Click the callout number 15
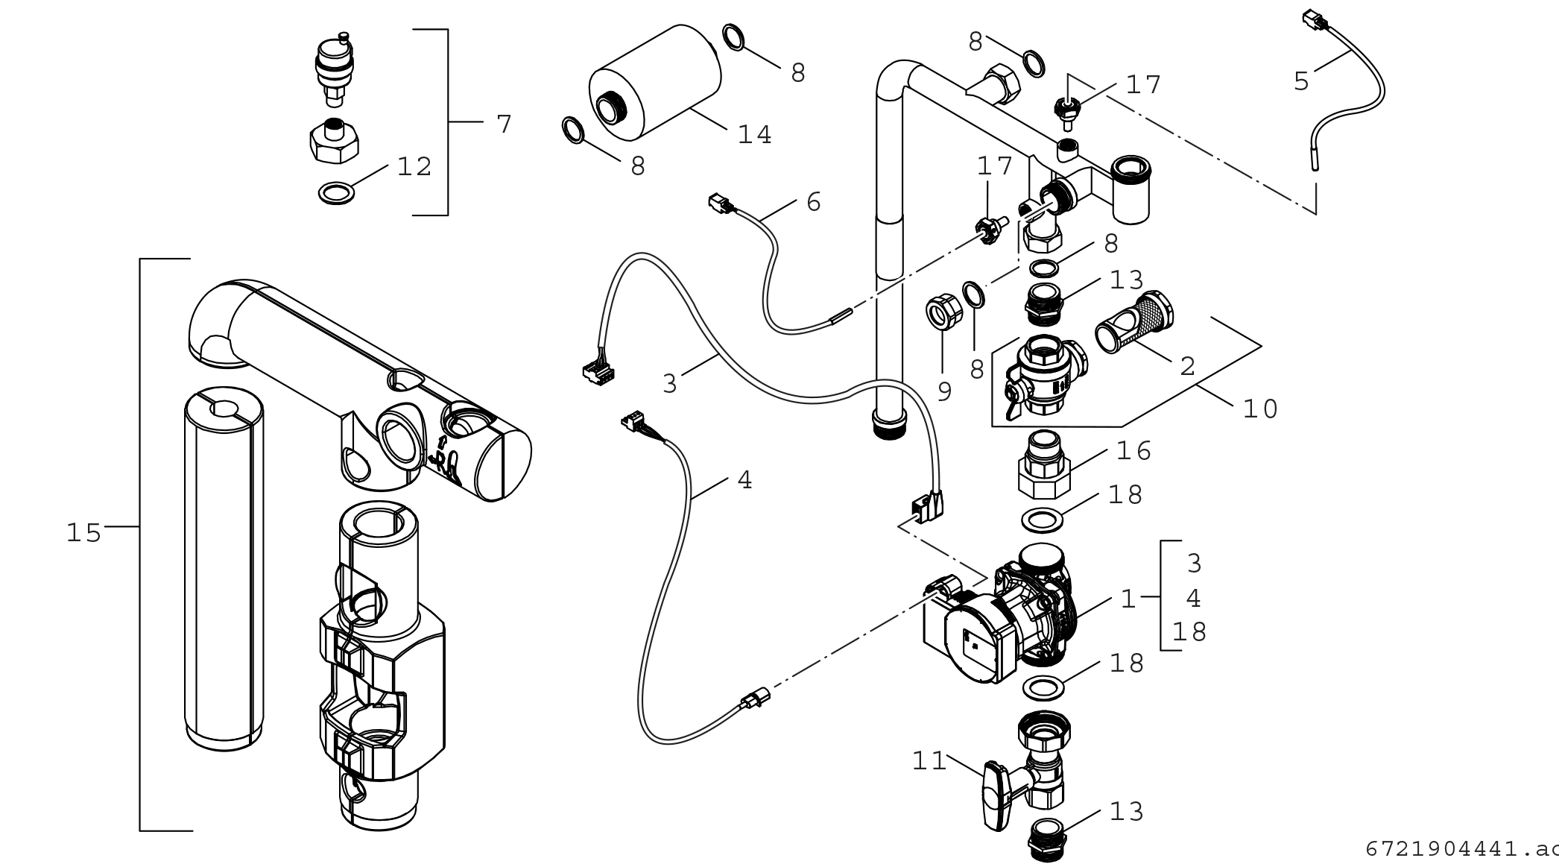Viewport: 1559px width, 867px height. pos(83,533)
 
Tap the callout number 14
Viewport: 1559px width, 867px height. pos(754,135)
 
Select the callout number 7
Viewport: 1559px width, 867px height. pos(505,124)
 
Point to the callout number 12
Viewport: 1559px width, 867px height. pos(414,167)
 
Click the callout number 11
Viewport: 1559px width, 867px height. pos(929,761)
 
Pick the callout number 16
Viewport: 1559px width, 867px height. pos(1133,451)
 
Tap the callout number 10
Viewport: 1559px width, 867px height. pos(1260,409)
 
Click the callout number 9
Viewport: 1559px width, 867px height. pos(944,391)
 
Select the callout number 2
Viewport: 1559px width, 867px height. pos(1187,366)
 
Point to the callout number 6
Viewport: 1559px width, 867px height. pos(813,202)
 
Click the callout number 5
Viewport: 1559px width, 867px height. pos(1301,81)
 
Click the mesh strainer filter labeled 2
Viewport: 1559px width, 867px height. pos(1134,322)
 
